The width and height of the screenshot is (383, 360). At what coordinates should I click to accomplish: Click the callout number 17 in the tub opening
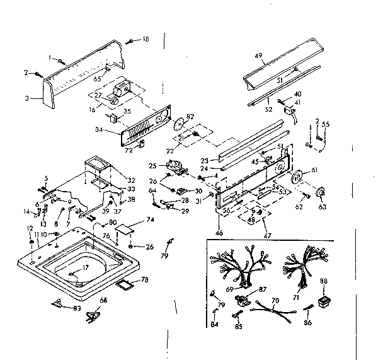point(86,268)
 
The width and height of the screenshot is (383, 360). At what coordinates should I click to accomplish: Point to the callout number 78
point(145,279)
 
